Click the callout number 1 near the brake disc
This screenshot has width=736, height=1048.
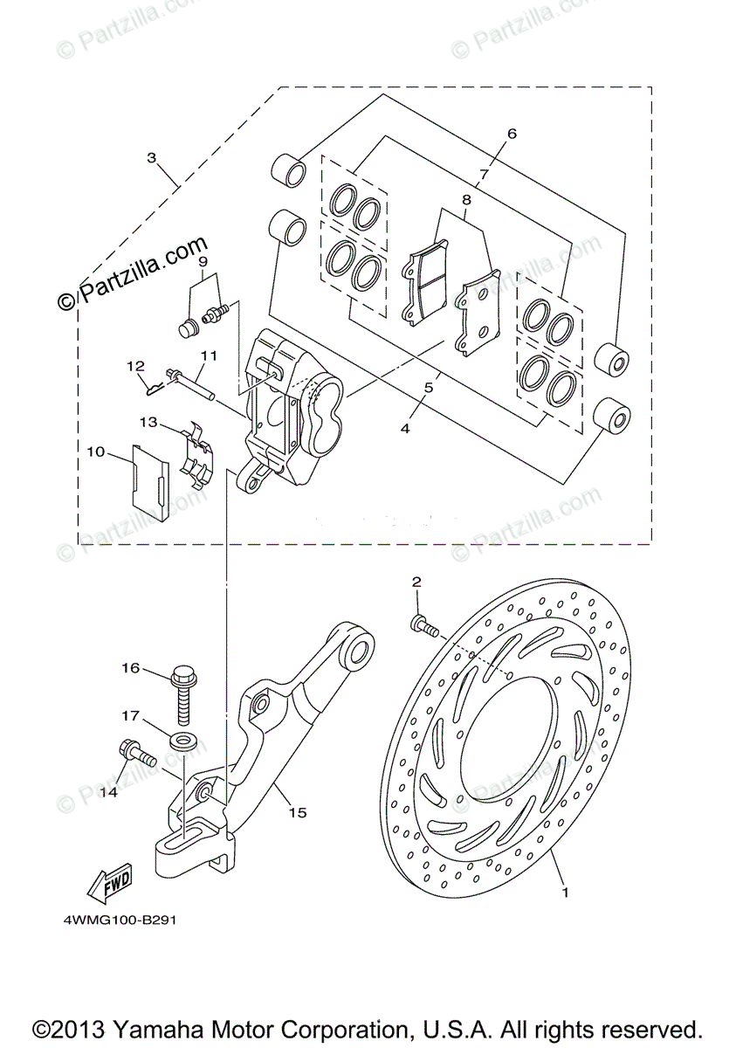565,893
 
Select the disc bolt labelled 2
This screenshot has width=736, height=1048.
423,624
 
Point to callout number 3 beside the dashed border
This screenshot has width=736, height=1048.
152,158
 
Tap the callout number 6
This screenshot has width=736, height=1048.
512,134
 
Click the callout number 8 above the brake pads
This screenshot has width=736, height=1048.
467,199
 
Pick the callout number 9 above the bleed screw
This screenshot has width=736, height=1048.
202,260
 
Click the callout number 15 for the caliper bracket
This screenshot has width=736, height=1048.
298,812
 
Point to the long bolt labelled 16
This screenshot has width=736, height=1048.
183,691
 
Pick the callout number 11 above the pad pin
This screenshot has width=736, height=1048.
208,355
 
